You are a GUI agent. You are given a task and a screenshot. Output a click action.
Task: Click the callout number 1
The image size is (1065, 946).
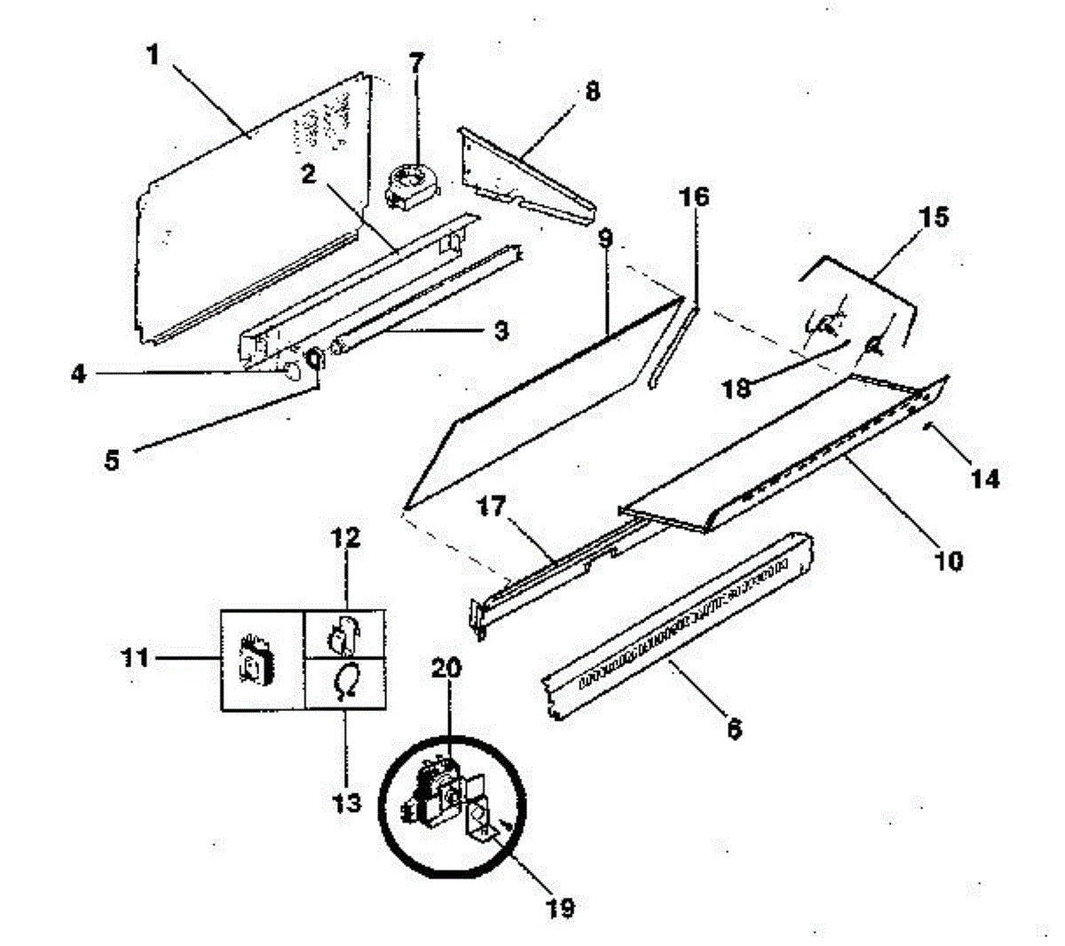point(154,55)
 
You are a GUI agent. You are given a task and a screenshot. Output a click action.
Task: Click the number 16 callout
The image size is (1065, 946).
point(694,196)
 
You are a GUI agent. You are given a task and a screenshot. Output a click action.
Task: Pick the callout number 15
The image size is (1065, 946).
point(933,217)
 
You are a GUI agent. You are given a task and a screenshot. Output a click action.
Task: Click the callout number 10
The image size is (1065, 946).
point(949,560)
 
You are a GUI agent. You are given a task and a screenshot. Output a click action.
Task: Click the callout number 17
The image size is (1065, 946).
point(492,507)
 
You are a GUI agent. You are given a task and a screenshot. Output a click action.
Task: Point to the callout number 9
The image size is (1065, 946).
point(605,238)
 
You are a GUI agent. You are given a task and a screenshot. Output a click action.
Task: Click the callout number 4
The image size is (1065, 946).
point(80,375)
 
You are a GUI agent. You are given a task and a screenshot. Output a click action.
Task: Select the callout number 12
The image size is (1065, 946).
point(346,537)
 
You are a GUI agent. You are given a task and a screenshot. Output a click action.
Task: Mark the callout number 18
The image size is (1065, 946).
point(738,388)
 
